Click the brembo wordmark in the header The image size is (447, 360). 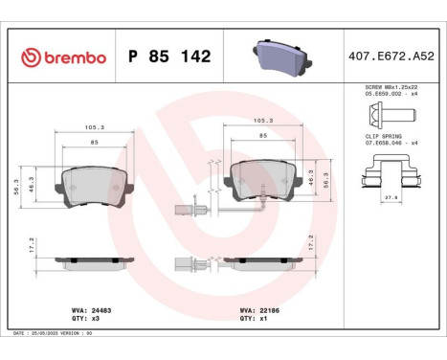coord(63,58)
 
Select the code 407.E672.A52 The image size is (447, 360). coord(391,58)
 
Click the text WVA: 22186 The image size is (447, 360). coord(258,310)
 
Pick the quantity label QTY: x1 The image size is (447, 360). coord(254,319)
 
